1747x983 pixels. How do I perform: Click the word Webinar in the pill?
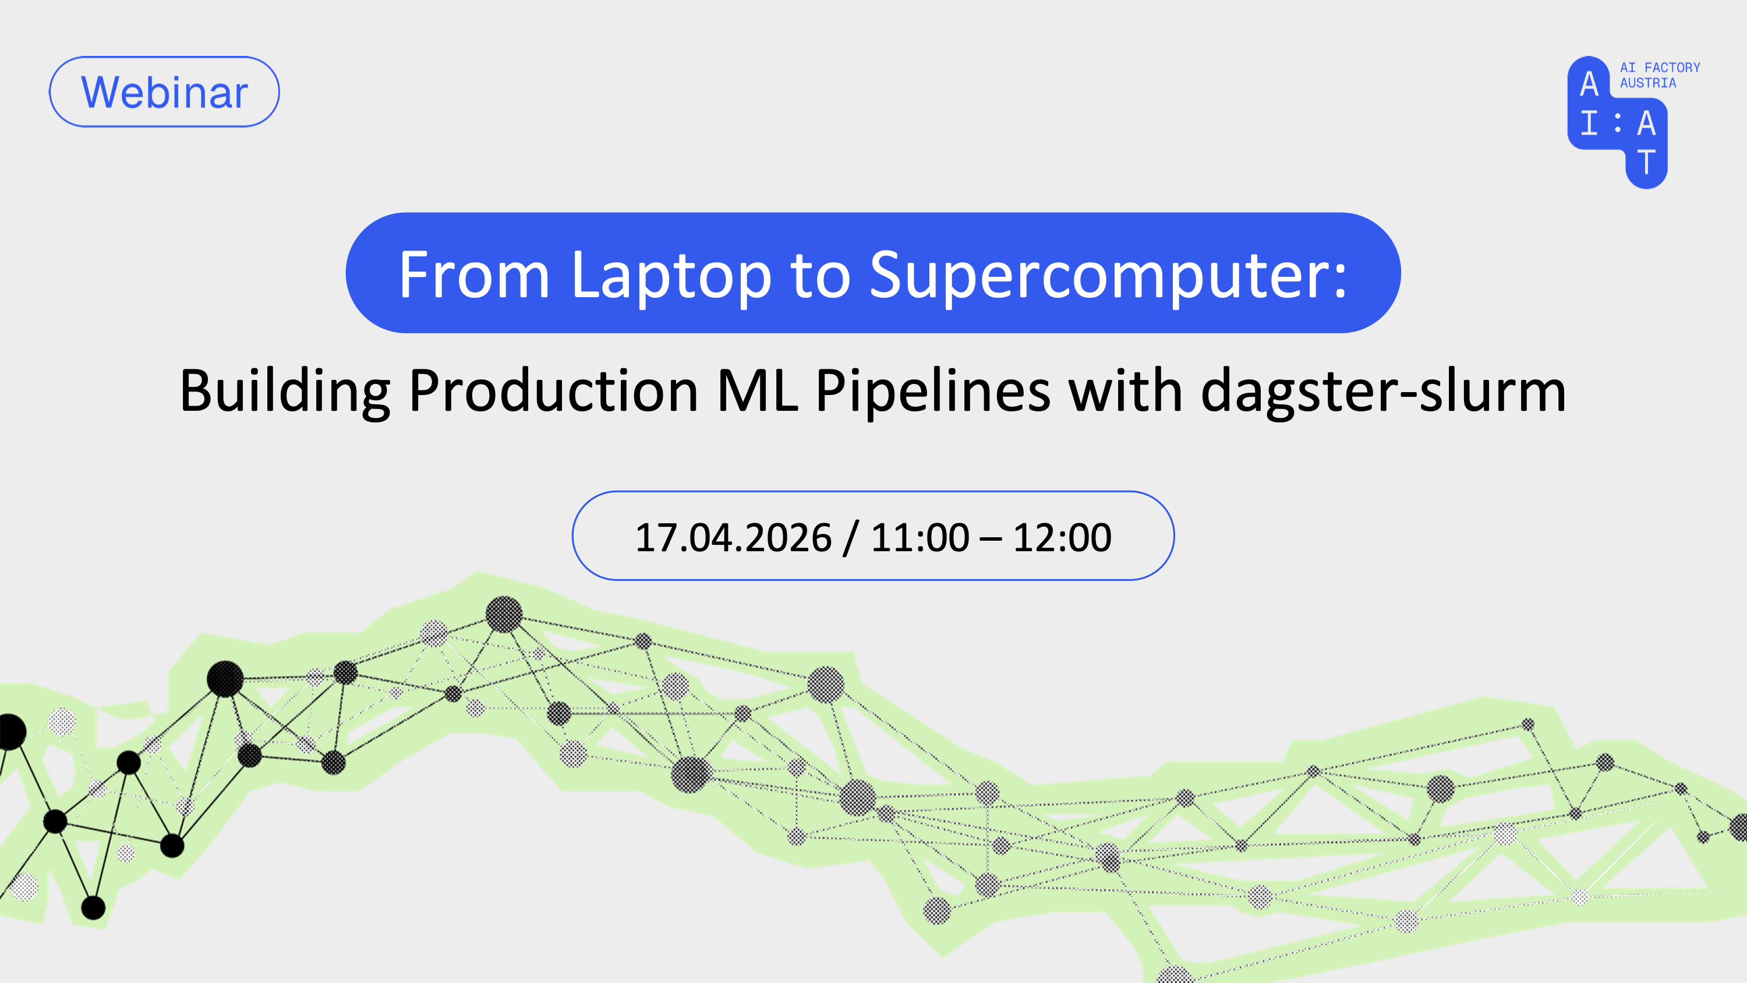tap(165, 92)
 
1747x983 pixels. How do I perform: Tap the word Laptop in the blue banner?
tap(671, 276)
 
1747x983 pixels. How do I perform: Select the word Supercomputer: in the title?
tap(1108, 276)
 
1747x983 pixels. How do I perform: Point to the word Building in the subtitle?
tap(285, 392)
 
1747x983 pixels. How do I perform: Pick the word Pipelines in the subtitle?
tap(933, 392)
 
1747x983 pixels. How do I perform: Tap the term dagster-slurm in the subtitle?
tap(1384, 392)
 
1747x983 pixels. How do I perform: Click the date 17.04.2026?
tap(733, 537)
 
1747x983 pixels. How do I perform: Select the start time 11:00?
tap(920, 537)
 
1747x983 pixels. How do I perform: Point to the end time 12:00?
tap(1062, 537)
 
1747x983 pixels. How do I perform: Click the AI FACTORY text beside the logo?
tap(1660, 67)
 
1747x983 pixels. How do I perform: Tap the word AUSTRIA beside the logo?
tap(1647, 83)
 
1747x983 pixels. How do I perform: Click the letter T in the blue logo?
tap(1646, 163)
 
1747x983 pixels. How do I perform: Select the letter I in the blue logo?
tap(1589, 124)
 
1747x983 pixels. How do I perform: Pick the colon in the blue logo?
tap(1618, 123)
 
